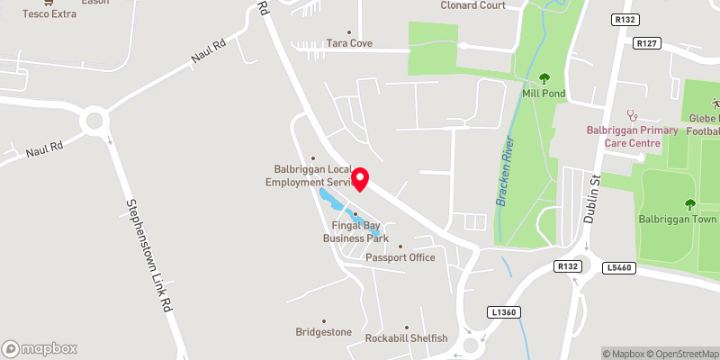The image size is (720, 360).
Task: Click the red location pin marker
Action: [x=361, y=178]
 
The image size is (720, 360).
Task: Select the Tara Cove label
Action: [x=349, y=43]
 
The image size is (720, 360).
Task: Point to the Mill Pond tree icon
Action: [x=544, y=78]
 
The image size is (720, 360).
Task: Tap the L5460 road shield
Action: [x=620, y=267]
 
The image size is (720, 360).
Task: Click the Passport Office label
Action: [x=400, y=257]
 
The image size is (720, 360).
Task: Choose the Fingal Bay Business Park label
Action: [x=356, y=232]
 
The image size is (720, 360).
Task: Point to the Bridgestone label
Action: [x=324, y=332]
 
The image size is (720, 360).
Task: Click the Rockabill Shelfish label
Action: [x=406, y=338]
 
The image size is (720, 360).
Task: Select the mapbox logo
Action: [x=40, y=348]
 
